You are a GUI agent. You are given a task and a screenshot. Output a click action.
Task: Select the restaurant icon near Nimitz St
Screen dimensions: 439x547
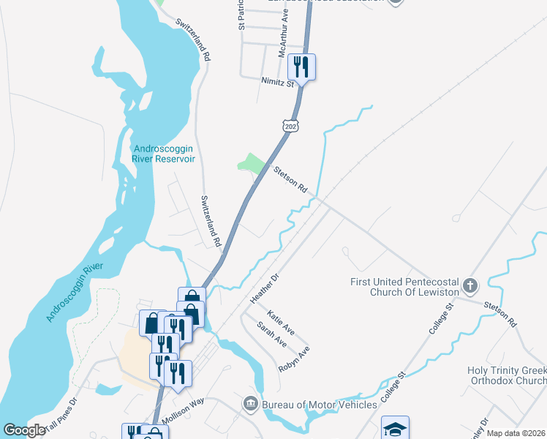click(x=301, y=67)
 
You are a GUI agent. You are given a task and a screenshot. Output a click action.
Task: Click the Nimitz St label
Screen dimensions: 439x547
click(x=277, y=82)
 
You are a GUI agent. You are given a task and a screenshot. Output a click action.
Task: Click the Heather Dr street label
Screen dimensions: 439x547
click(x=265, y=288)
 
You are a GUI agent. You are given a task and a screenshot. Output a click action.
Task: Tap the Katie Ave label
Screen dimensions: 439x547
click(x=280, y=323)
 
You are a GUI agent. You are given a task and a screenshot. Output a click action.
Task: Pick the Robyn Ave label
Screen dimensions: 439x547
click(x=294, y=359)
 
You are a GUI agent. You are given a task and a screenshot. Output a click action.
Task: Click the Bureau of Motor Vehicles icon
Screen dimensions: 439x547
click(x=250, y=404)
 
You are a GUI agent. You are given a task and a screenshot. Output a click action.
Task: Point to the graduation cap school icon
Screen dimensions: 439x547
click(x=395, y=429)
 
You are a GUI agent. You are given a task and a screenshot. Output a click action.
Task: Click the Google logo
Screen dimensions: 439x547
click(x=24, y=430)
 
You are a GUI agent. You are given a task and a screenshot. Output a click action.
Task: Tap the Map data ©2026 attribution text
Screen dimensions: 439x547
click(x=516, y=433)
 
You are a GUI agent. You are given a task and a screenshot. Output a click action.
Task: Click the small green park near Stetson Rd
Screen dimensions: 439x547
click(x=252, y=163)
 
